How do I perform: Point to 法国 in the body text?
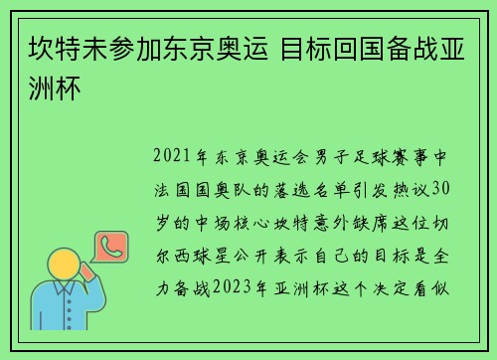tap(174, 189)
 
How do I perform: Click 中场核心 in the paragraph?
tap(234, 221)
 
